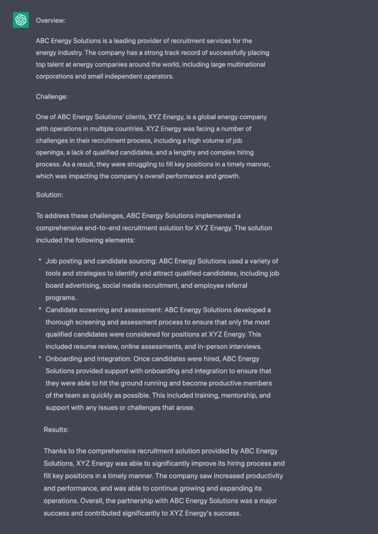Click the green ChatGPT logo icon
[21, 20]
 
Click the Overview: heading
[51, 20]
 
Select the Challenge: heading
[52, 96]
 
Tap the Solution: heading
[50, 195]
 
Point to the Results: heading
[56, 430]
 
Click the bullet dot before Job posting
[40, 260]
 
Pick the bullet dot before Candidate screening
[40, 309]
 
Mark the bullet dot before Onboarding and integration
[40, 358]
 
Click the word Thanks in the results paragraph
[55, 451]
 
